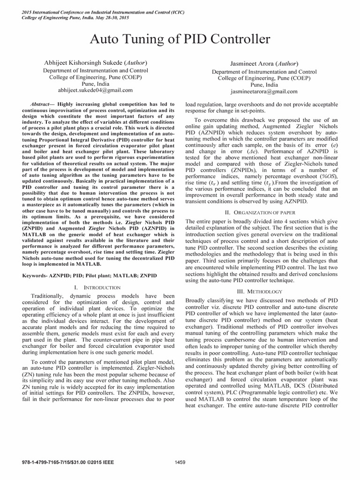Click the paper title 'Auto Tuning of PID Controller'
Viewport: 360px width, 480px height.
click(x=180, y=38)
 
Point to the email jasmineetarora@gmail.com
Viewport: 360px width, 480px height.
click(x=255, y=92)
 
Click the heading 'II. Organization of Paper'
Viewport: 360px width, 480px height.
click(x=261, y=212)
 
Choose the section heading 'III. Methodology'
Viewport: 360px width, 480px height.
click(x=261, y=291)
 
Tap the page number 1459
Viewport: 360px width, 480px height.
click(x=180, y=462)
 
